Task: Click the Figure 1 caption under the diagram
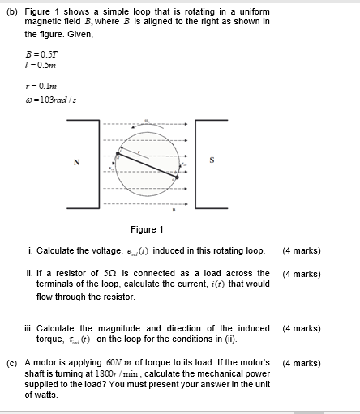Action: (x=148, y=229)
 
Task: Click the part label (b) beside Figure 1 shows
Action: (x=12, y=11)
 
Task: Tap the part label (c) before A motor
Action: (x=12, y=362)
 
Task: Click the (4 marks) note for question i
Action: (x=301, y=250)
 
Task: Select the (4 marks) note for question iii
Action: (x=301, y=328)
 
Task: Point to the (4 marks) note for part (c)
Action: (x=301, y=362)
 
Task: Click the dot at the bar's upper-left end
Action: (x=119, y=152)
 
